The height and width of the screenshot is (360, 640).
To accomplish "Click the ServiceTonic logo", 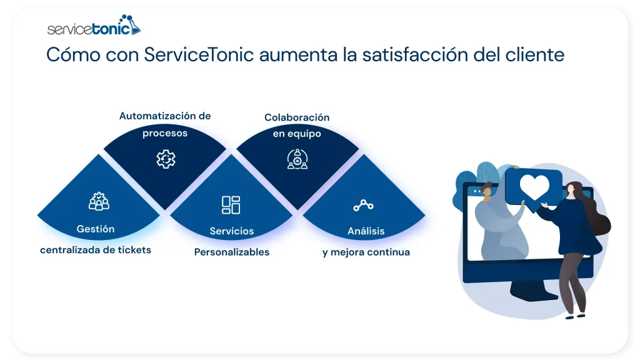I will point(94,27).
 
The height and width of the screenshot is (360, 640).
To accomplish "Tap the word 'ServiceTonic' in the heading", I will point(199,54).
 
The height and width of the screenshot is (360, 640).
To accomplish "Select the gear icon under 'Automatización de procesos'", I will point(166,159).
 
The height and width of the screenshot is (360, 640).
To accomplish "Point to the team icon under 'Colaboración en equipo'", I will point(297,159).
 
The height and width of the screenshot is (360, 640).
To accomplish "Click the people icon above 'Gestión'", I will point(99,201).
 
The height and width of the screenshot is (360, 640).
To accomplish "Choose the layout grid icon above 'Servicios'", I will point(231,204).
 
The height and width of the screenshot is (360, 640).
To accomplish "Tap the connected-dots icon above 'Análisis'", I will point(362,205).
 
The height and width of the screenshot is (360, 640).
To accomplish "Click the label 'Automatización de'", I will point(165,116).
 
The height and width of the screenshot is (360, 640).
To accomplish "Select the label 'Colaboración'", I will point(297,117).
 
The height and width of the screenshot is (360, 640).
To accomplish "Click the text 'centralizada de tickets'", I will point(96,250).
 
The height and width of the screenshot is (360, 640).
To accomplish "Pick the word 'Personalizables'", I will point(232,252).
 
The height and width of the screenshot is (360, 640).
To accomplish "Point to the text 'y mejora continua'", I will point(366,252).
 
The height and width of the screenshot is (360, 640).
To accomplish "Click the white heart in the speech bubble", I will point(534,186).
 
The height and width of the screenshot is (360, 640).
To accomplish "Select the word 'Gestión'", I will point(96,229).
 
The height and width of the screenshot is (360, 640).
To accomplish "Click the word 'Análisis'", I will point(366,231).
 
